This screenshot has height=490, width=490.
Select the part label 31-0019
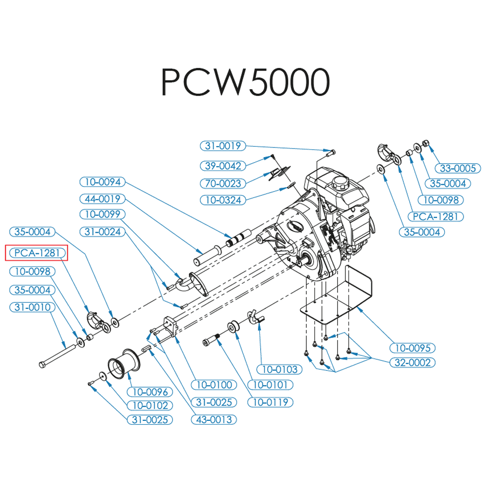pyautogui.click(x=223, y=146)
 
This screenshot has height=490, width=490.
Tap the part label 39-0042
pyautogui.click(x=223, y=166)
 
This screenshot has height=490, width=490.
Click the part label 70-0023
pyautogui.click(x=223, y=184)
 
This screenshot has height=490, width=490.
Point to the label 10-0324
pyautogui.click(x=223, y=199)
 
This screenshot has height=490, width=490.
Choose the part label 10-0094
pyautogui.click(x=102, y=182)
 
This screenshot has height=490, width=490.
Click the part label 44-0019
pyautogui.click(x=102, y=199)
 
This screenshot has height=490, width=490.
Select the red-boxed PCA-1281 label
pyautogui.click(x=37, y=253)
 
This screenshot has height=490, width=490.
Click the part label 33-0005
pyautogui.click(x=458, y=168)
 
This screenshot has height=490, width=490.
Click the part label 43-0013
pyautogui.click(x=214, y=420)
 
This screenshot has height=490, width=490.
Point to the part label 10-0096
pyautogui.click(x=150, y=392)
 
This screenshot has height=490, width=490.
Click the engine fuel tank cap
pyautogui.click(x=339, y=184)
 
